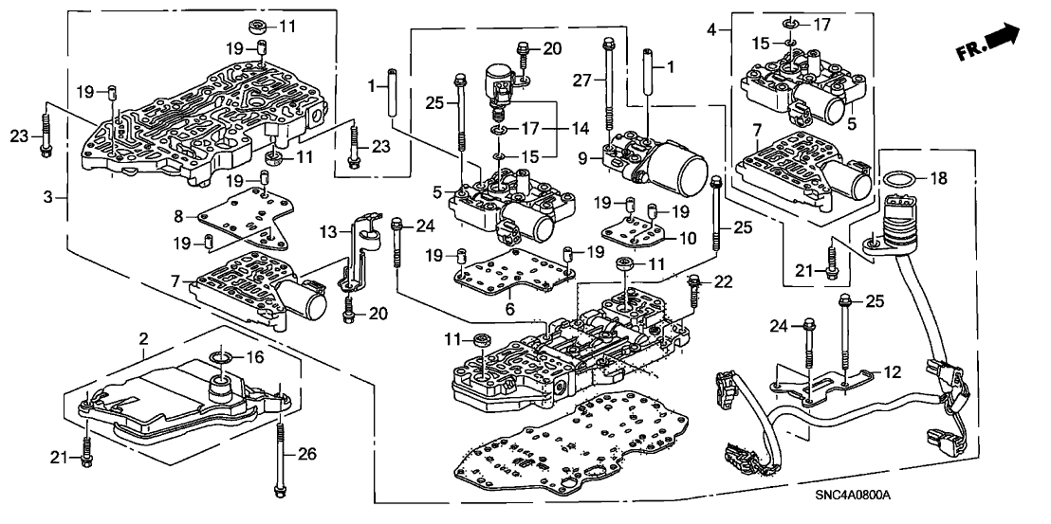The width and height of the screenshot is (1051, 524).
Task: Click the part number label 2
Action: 143,338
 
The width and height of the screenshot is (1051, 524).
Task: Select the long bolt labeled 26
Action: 281,460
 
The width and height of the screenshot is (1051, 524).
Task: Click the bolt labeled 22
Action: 694,290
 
